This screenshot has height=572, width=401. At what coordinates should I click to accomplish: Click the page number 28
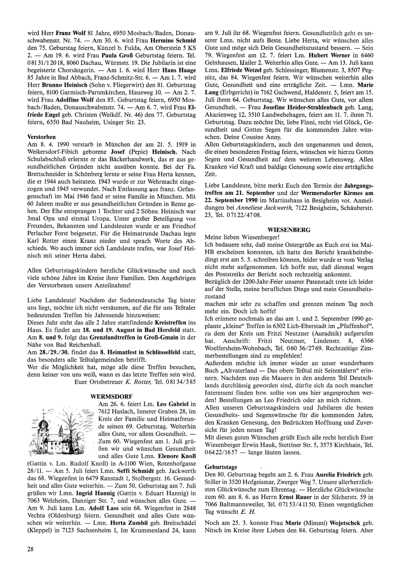click(30, 549)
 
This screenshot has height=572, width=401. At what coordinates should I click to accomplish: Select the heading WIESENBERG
click(295, 230)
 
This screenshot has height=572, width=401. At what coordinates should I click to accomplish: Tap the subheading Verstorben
click(41, 137)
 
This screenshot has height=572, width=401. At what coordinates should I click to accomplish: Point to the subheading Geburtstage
click(221, 467)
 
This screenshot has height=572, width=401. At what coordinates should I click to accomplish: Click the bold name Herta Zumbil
click(123, 523)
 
